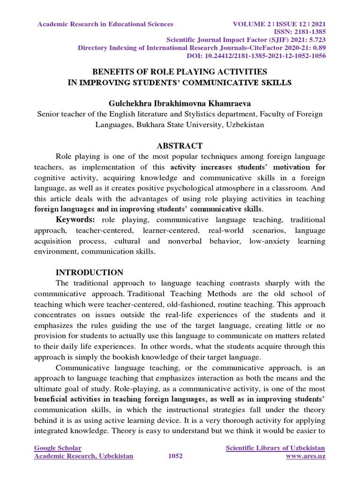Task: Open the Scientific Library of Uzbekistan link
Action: [x=276, y=448]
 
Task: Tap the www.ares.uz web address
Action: [x=306, y=456]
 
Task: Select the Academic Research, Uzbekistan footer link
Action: [x=83, y=456]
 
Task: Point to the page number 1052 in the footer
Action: [x=175, y=456]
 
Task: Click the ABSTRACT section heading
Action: [x=180, y=146]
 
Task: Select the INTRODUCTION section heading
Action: [x=90, y=272]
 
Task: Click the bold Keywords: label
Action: [x=75, y=219]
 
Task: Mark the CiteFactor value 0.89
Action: [x=319, y=48]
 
